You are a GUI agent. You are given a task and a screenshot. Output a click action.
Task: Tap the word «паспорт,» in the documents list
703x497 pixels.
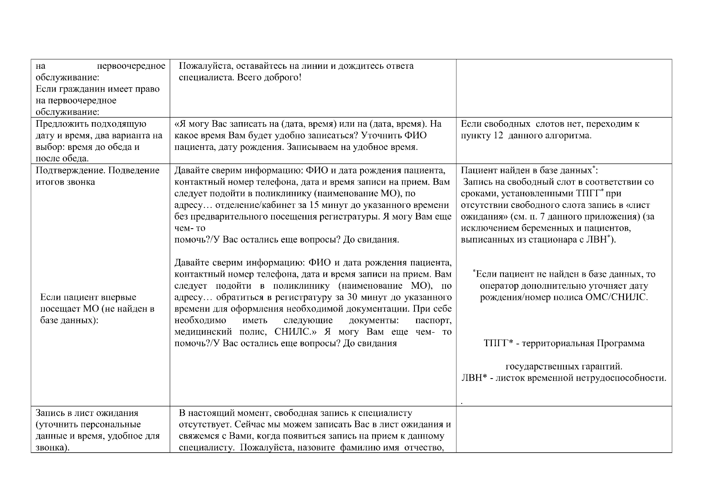click(x=433, y=321)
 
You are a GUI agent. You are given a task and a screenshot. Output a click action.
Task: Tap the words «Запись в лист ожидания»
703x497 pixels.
click(x=87, y=413)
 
